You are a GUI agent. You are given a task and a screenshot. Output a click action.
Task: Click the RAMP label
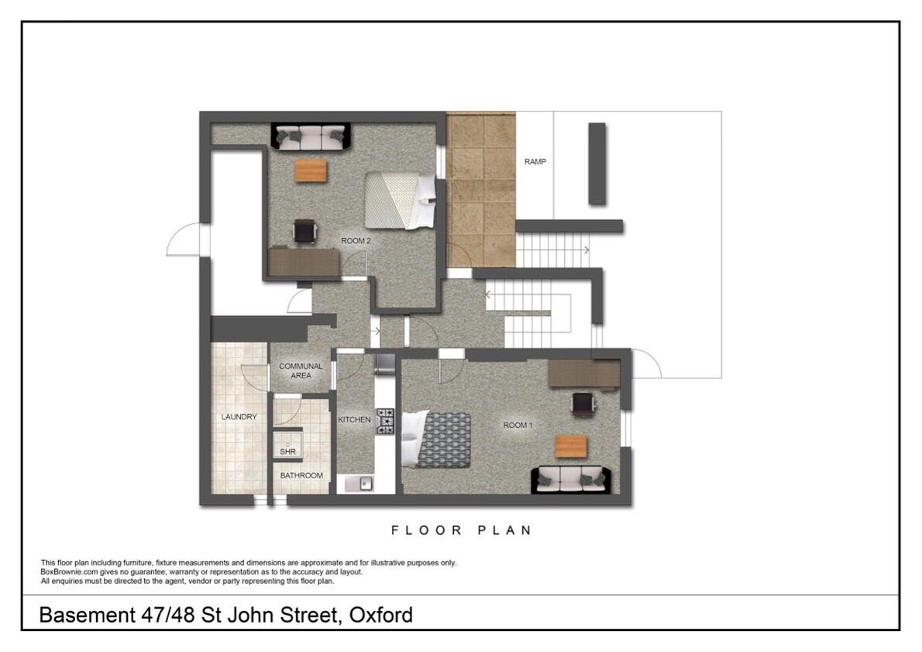pos(535,162)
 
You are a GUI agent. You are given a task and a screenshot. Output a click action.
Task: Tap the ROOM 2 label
pos(356,242)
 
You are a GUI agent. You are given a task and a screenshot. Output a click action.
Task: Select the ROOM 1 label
pos(518,425)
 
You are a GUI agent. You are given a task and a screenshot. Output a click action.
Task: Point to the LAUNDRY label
pos(239,417)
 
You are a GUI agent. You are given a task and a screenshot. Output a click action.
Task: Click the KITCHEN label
pos(354,419)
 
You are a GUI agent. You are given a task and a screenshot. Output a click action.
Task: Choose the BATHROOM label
pos(301,475)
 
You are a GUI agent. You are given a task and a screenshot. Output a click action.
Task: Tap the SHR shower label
pos(287,452)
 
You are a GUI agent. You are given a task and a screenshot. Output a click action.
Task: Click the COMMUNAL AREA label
pos(301,371)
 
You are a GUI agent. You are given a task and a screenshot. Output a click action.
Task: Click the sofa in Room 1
pos(570,479)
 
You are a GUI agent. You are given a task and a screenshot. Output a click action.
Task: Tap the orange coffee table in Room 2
pos(311,171)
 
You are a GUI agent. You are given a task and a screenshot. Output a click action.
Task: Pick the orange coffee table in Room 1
pos(571,447)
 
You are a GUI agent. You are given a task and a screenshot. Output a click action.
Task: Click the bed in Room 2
pos(400,200)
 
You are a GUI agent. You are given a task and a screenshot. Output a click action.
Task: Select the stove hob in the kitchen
pos(385,420)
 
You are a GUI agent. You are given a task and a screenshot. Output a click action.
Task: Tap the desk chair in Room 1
pos(583,403)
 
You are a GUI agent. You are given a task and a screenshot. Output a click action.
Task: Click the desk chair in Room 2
pos(304,231)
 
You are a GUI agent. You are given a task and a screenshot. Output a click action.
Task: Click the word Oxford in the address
pos(380,616)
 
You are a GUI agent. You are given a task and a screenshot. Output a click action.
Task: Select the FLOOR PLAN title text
pos(461,530)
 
